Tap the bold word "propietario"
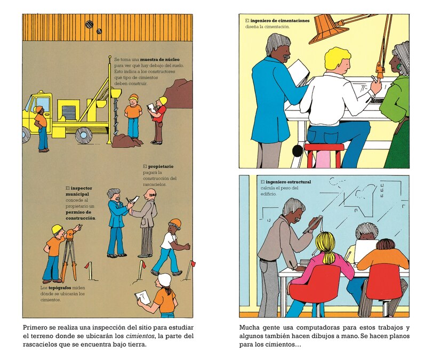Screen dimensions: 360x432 pos(162,166)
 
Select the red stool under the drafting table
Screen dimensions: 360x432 pos(324,155)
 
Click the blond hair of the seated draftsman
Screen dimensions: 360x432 pos(337,57)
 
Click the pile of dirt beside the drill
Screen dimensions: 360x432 pos(127,141)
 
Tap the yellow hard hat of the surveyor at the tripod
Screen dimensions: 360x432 pos(57,229)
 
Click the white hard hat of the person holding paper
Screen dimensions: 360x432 pos(165,279)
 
